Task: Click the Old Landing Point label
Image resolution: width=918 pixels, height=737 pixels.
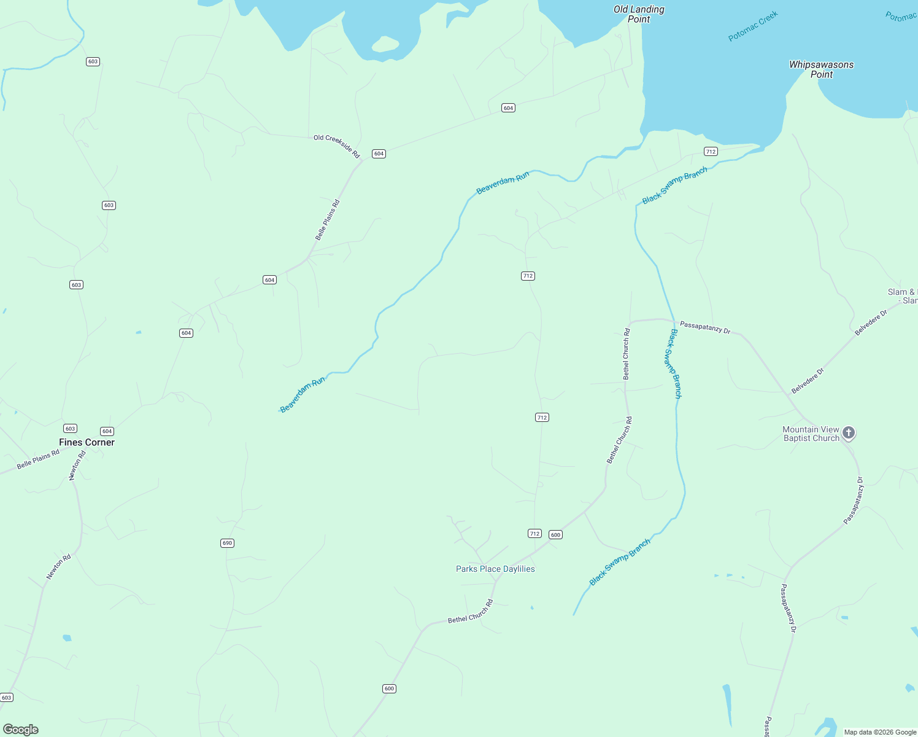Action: pyautogui.click(x=639, y=14)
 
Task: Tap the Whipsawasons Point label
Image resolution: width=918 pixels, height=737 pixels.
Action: pyautogui.click(x=821, y=69)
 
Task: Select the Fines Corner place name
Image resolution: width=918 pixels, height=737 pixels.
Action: pyautogui.click(x=87, y=442)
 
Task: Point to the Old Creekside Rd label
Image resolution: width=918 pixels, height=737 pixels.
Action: pyautogui.click(x=336, y=146)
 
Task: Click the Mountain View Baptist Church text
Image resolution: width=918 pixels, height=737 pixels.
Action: pyautogui.click(x=811, y=434)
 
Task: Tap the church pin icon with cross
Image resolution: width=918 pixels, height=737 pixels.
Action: pyautogui.click(x=849, y=433)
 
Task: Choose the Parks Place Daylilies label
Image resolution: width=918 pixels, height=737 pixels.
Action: pyautogui.click(x=495, y=569)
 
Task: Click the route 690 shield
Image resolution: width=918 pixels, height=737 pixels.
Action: pyautogui.click(x=227, y=543)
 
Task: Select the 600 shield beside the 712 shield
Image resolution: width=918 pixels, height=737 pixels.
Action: pyautogui.click(x=555, y=535)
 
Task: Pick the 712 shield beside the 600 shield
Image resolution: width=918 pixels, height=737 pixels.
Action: pyautogui.click(x=534, y=534)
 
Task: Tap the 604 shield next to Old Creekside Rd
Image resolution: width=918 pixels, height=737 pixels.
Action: pyautogui.click(x=379, y=154)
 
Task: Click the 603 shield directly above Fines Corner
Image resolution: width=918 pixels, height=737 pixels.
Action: pyautogui.click(x=70, y=429)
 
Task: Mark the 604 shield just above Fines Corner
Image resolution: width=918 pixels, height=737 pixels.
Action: pyautogui.click(x=107, y=431)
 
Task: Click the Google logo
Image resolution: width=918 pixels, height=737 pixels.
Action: pyautogui.click(x=21, y=730)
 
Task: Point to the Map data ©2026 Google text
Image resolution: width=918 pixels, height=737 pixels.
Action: pyautogui.click(x=880, y=732)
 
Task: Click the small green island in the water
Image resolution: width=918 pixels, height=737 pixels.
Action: pyautogui.click(x=385, y=44)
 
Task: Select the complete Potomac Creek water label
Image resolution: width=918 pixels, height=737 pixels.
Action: pyautogui.click(x=753, y=26)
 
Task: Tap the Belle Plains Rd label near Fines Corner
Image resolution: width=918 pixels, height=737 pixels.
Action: pyautogui.click(x=38, y=459)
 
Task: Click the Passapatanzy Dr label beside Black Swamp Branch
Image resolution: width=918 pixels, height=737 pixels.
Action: pyautogui.click(x=705, y=328)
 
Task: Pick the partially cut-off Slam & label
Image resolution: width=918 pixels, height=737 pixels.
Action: pyautogui.click(x=903, y=296)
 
